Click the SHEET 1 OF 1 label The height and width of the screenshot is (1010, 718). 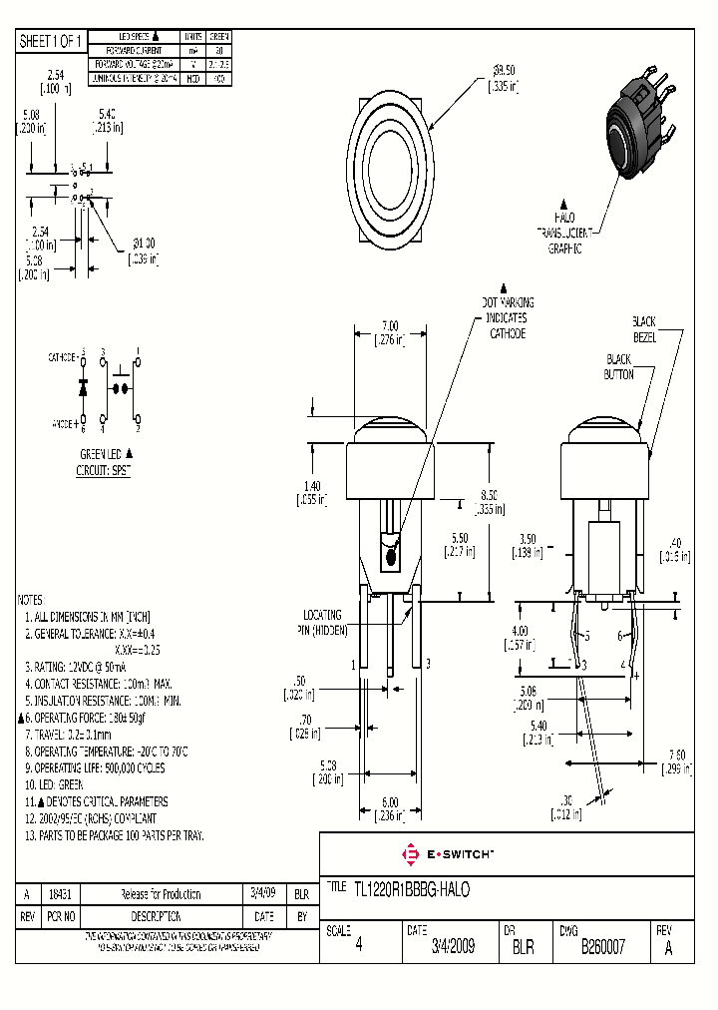coord(52,41)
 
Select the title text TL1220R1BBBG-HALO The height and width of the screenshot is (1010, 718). coord(411,888)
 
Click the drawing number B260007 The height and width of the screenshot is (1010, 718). coord(602,948)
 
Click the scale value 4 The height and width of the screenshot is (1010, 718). coord(358,948)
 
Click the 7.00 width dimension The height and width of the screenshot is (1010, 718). coord(390,332)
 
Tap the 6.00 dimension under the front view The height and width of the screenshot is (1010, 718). coord(390,808)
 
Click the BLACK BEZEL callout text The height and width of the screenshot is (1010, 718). coord(643,328)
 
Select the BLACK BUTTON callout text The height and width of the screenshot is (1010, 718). coord(618,366)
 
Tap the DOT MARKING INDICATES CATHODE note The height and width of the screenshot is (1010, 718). coord(506,317)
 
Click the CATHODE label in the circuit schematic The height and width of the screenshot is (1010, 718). coord(63,356)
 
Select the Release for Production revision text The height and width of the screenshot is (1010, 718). coord(160,894)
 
